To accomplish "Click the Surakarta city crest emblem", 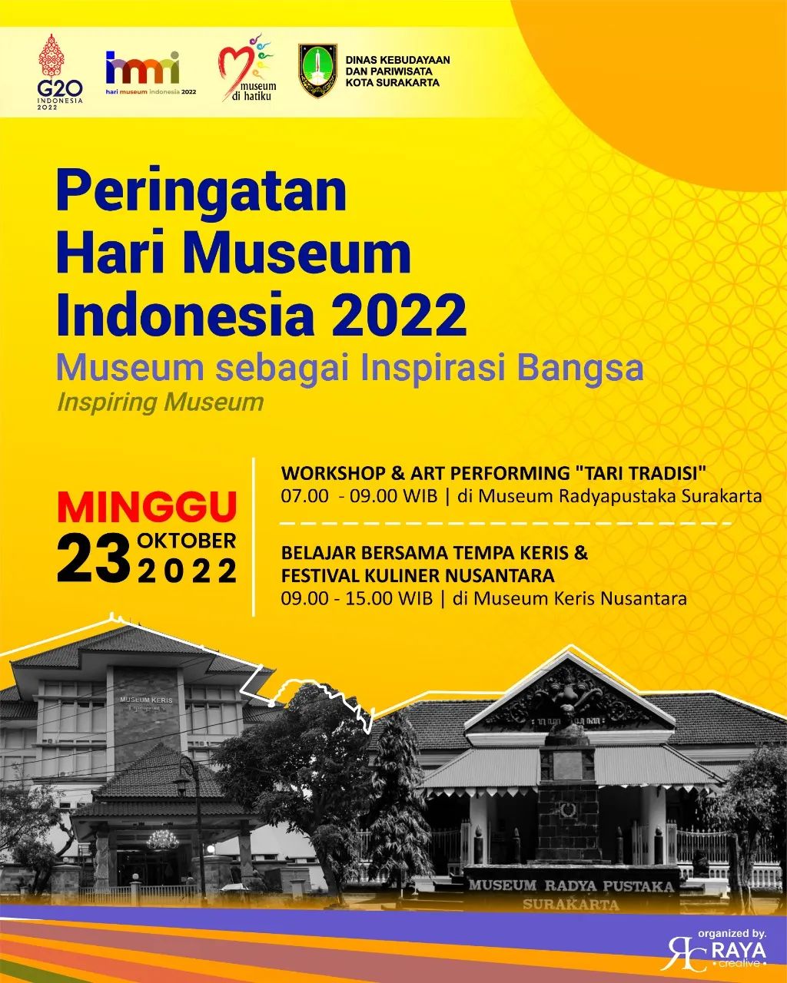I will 317,71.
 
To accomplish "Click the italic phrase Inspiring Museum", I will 160,402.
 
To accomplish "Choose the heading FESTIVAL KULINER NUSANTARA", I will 417,575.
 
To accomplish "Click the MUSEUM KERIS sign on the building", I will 146,700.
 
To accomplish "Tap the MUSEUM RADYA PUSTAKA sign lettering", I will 571,885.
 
